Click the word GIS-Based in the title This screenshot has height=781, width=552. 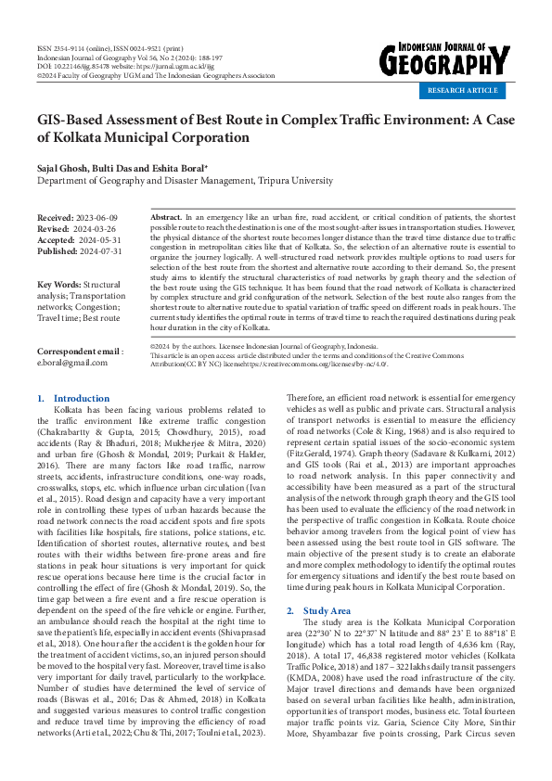click(x=75, y=122)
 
